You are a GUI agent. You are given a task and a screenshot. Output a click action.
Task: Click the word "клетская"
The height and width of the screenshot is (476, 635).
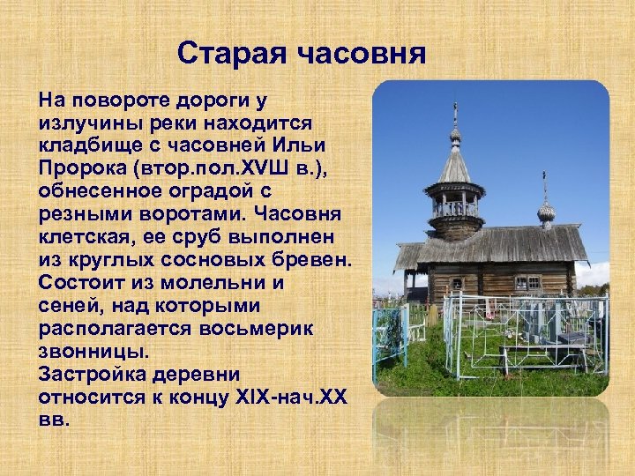[86, 237]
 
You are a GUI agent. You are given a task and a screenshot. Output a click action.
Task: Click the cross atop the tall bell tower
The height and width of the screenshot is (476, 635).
[455, 113]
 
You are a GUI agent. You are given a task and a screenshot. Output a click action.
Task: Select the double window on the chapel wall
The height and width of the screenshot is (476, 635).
[528, 282]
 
